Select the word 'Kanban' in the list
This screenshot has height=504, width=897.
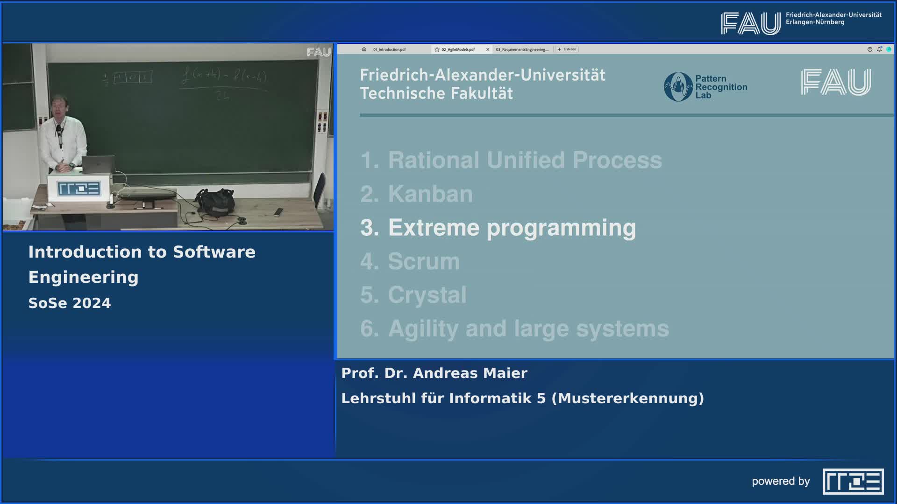[430, 194]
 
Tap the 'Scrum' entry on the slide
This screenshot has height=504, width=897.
[423, 261]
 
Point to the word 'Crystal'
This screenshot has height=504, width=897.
[427, 295]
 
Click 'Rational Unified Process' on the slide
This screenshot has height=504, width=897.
[525, 160]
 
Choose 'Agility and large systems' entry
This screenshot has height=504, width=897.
[528, 329]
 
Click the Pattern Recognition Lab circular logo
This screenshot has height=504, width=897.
[678, 87]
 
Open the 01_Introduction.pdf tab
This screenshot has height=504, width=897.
[389, 49]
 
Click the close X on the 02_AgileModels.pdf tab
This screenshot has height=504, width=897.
[488, 49]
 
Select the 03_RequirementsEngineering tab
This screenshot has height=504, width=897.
[522, 49]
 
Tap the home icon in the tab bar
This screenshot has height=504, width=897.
[364, 49]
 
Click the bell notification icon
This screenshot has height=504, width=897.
[879, 49]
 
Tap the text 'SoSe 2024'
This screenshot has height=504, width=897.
[70, 303]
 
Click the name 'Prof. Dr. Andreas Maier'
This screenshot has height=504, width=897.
[434, 373]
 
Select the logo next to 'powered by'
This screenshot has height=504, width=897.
[853, 481]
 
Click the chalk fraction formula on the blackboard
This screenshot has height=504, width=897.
[223, 83]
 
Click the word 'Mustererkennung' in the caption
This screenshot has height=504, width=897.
[627, 399]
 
